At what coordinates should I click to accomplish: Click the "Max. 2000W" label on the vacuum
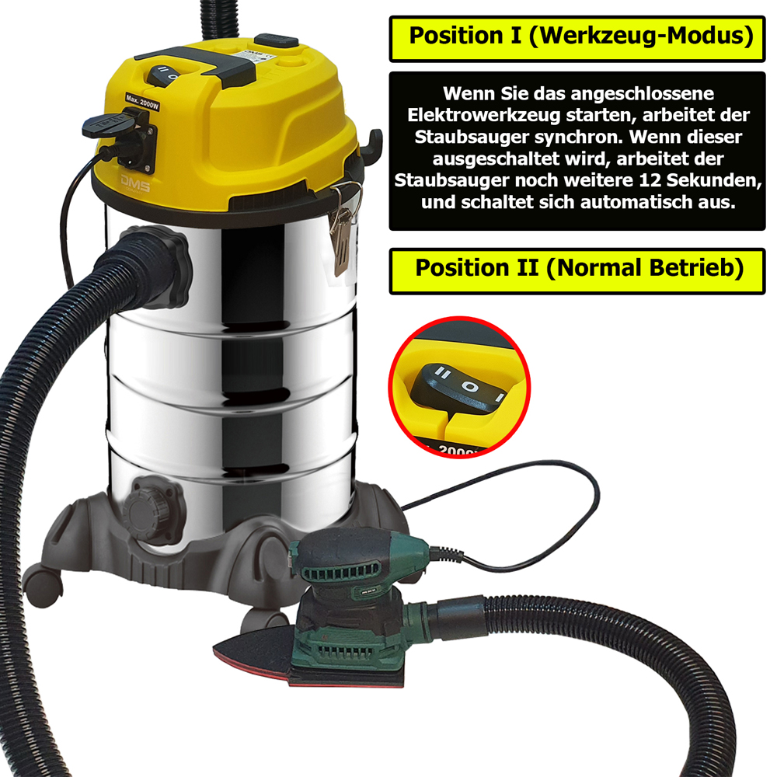[x=142, y=103]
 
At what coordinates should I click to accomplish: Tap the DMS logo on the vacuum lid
[x=134, y=183]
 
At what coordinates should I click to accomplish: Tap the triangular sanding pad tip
[x=216, y=648]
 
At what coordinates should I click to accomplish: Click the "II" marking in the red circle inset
[x=443, y=373]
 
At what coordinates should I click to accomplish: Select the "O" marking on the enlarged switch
[x=470, y=385]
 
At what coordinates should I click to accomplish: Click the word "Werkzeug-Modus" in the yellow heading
[x=642, y=37]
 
